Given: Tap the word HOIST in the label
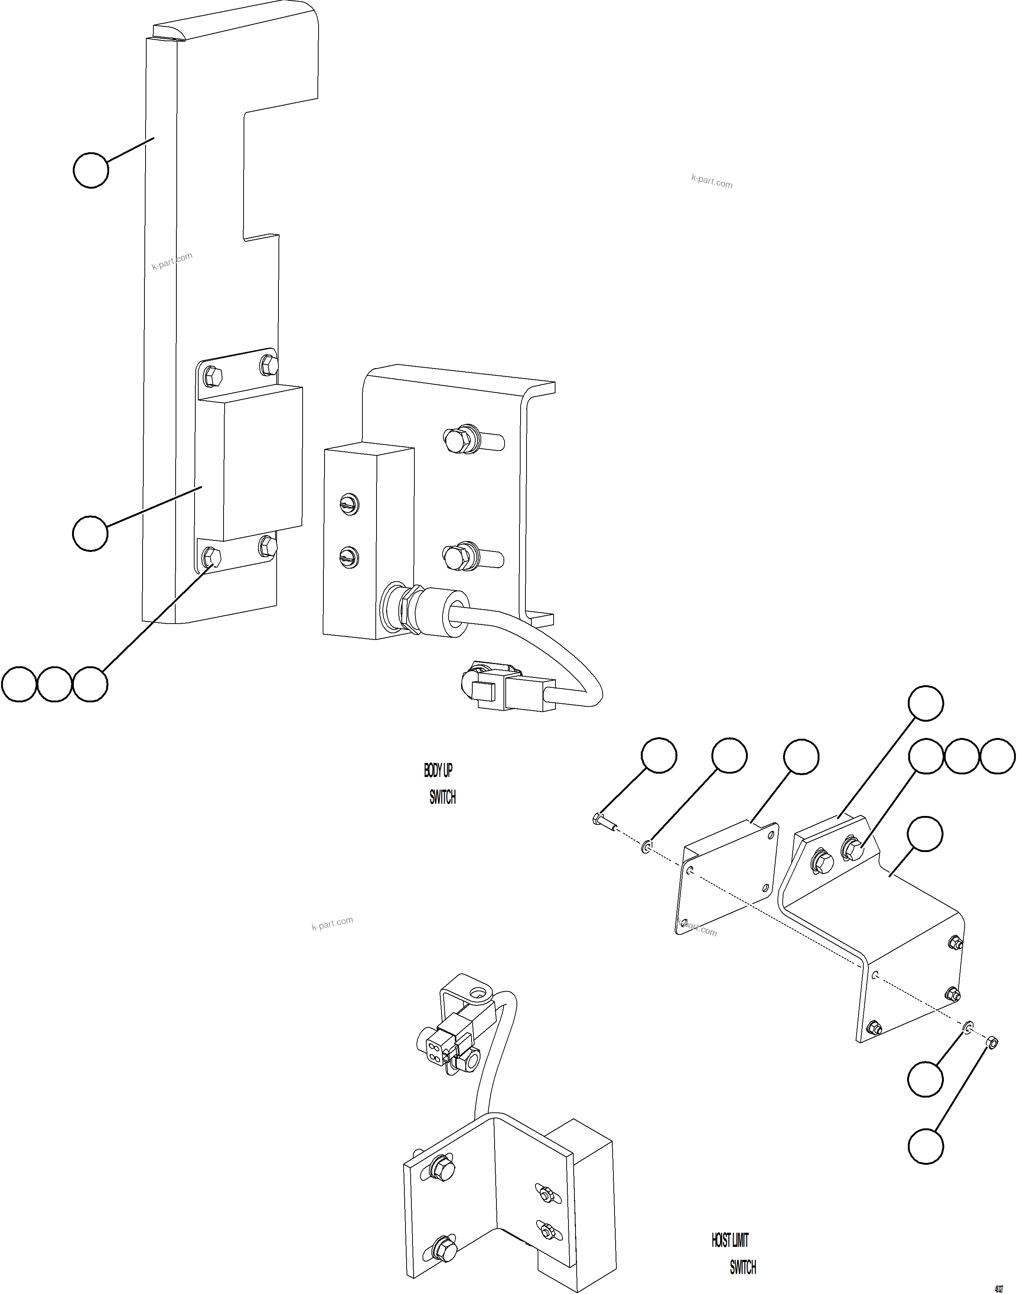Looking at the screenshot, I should click(721, 1241).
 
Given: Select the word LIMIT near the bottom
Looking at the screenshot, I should click(740, 1241).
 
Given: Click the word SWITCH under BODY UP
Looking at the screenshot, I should click(442, 797).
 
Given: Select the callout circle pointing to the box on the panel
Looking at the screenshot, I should click(91, 533).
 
